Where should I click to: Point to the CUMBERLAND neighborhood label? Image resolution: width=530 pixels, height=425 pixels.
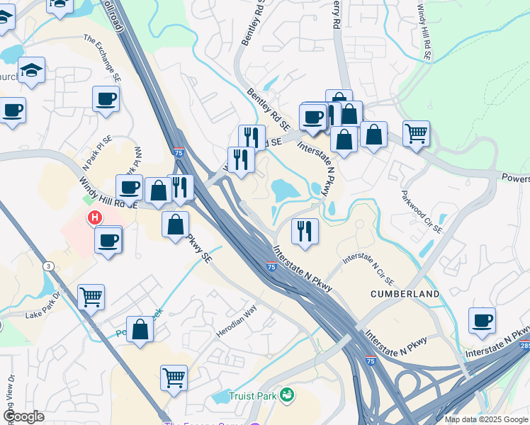pos(405,293)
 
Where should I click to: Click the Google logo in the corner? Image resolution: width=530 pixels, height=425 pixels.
pos(24,416)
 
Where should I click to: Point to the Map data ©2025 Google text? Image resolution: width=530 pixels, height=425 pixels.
pos(486,419)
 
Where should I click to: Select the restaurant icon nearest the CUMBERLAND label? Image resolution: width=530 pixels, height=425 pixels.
pos(305,230)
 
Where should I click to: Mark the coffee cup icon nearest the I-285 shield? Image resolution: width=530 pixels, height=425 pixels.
pos(482,319)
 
